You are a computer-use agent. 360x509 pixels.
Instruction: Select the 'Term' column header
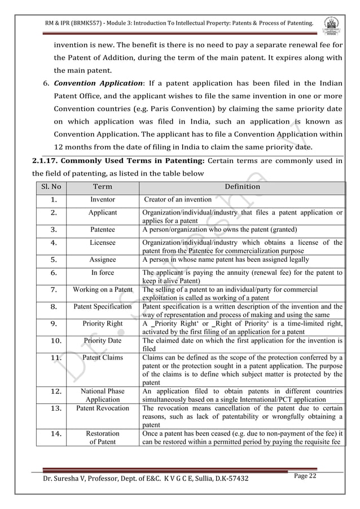pos(102,187)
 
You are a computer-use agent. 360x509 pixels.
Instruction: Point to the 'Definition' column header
pos(242,187)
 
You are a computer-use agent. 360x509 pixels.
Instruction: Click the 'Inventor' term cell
pos(102,200)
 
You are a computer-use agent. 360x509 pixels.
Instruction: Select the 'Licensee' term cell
pos(102,243)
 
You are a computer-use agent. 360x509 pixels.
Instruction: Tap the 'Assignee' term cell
pos(102,260)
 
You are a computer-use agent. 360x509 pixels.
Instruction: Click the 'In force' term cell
pos(102,273)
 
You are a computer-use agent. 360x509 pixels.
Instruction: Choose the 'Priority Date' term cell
pos(102,341)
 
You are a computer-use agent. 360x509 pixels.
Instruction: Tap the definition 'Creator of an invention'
pos(178,200)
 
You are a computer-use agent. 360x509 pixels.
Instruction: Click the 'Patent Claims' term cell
pos(102,358)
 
